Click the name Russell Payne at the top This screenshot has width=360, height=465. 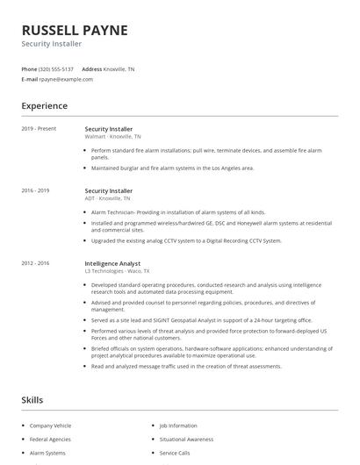pos(75,30)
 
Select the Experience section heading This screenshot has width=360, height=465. pos(45,106)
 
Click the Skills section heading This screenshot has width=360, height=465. pos(32,400)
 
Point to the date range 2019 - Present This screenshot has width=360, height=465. pos(39,129)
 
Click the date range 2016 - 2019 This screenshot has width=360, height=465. pos(36,190)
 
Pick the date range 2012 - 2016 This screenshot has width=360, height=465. pos(36,262)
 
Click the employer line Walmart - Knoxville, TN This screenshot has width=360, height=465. pos(113,137)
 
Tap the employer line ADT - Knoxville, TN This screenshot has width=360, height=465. pos(110,198)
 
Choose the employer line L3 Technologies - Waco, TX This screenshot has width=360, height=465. pos(117,270)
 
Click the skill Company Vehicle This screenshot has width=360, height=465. pos(51,426)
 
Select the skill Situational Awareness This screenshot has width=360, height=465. pos(186,439)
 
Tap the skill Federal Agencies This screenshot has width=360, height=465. pos(49,439)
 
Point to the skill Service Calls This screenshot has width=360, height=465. pos(175,453)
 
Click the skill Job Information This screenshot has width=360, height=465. pos(178,426)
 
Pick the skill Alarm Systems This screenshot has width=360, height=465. pos(47,453)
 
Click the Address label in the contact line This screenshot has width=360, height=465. pos(91,68)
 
